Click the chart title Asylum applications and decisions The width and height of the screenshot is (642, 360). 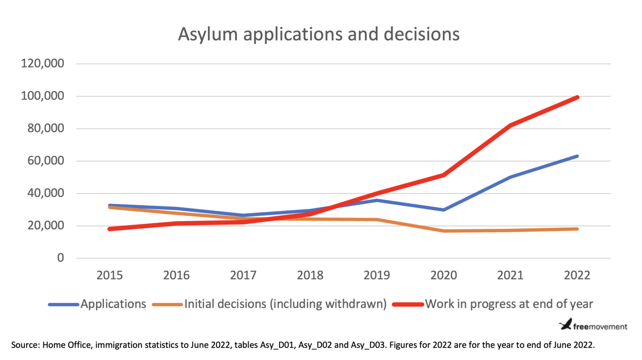318,34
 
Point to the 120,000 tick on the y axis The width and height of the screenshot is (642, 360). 43,64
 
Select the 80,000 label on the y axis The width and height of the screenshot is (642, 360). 46,128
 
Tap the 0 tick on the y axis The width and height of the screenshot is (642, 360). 61,258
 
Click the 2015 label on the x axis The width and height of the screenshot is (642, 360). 110,275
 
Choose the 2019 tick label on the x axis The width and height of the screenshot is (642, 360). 377,275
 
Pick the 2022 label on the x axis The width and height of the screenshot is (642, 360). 577,275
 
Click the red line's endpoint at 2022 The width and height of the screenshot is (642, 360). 577,97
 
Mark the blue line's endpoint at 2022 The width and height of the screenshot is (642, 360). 577,156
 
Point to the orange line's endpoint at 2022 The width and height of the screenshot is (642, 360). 577,229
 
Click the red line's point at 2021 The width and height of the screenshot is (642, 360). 510,125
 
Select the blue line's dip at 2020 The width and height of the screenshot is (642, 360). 443,210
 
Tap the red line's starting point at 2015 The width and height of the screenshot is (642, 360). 110,229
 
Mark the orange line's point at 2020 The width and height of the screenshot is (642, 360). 443,231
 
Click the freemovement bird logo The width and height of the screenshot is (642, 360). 566,324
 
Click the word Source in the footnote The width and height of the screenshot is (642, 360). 25,345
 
